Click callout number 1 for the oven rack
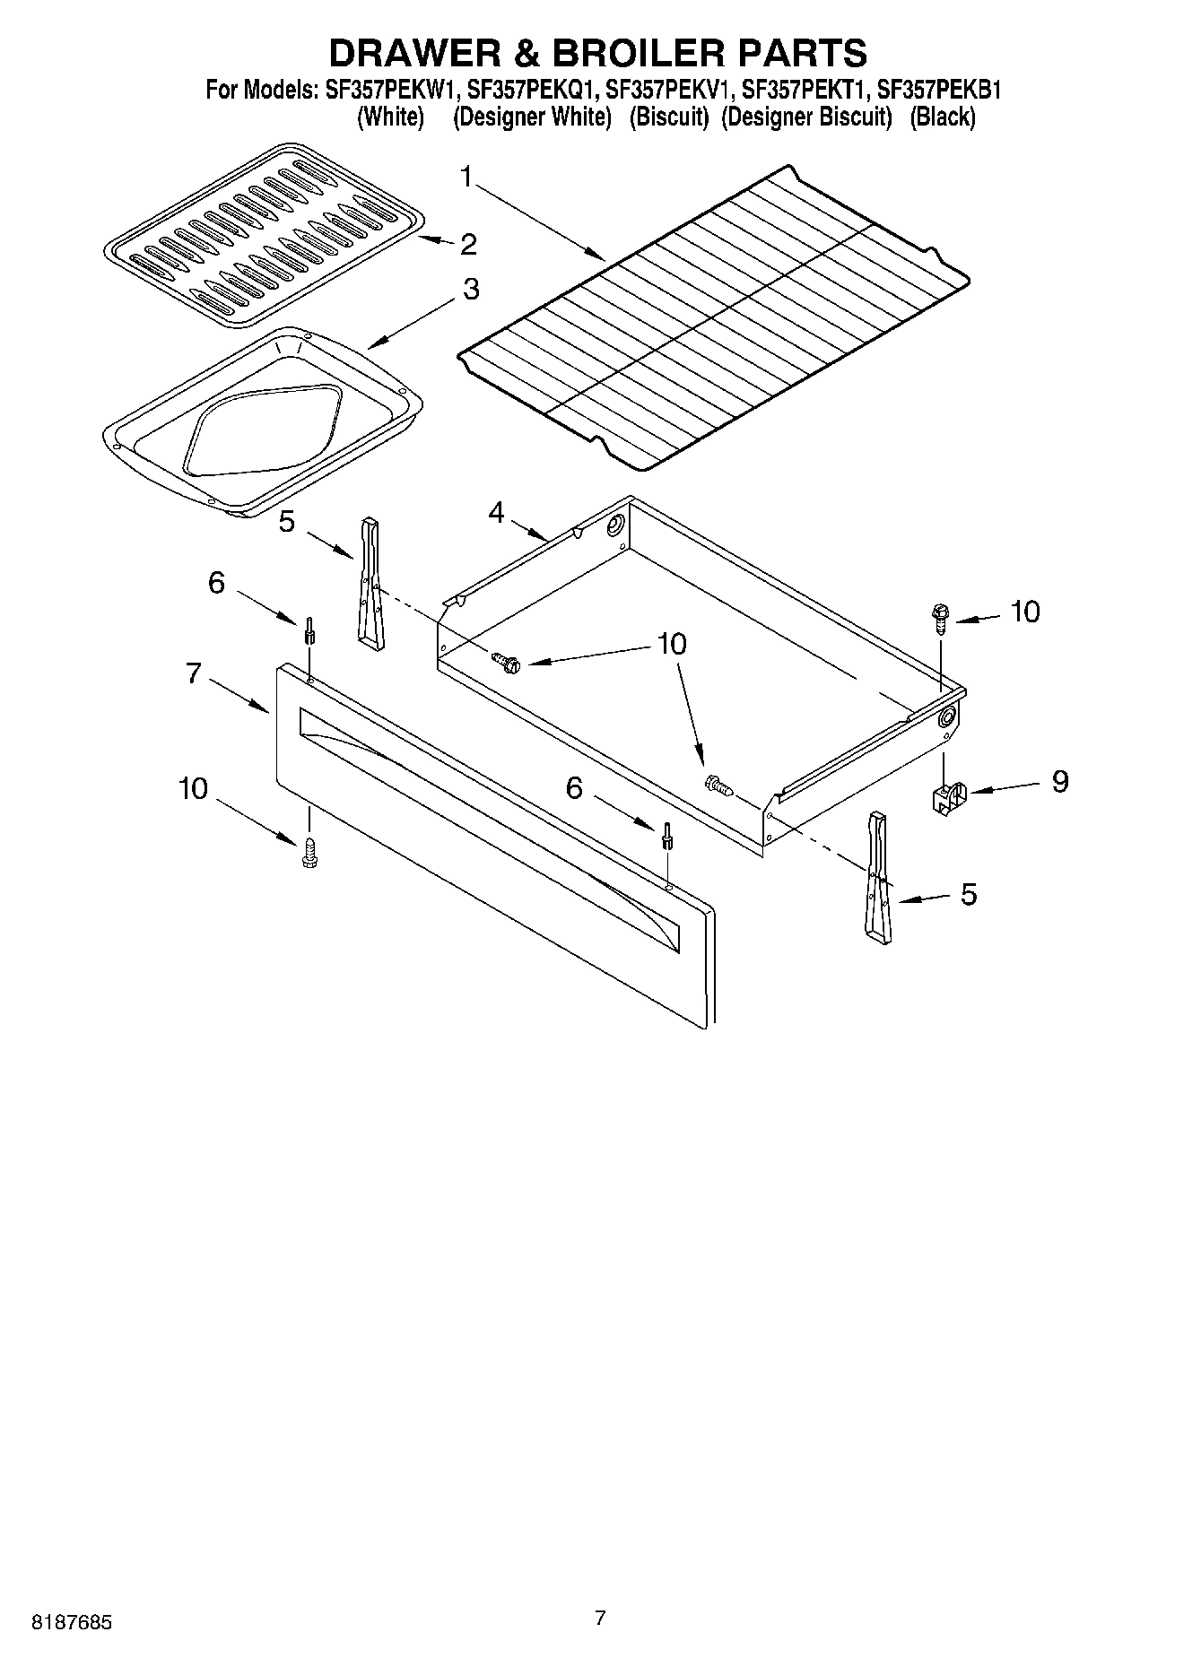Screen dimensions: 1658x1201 466,177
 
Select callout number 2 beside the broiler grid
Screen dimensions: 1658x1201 467,244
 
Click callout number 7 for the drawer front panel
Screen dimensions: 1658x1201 194,673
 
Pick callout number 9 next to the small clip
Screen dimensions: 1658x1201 1059,781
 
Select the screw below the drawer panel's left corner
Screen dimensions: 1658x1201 310,853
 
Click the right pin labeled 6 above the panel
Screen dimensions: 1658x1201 666,835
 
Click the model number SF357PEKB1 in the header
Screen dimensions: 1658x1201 938,91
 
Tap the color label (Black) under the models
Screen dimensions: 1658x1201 942,117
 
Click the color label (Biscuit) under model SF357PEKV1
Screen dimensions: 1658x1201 668,117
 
